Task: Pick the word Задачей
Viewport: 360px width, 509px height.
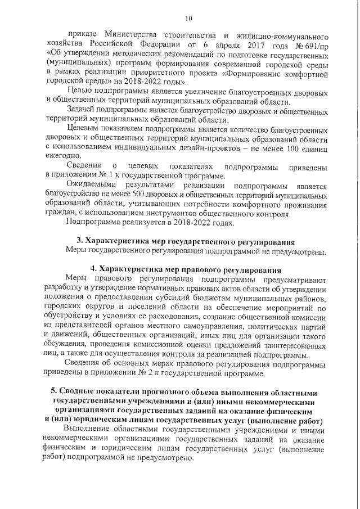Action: [83, 110]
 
